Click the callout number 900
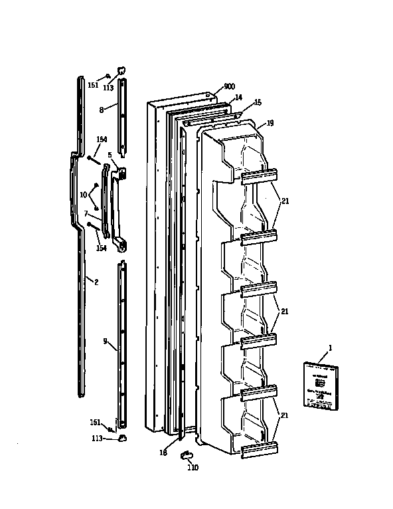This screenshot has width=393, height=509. tap(229, 87)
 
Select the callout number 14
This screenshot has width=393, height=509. tap(238, 97)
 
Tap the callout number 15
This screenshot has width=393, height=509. tap(258, 102)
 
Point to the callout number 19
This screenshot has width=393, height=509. tap(270, 123)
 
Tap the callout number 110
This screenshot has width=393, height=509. tap(192, 468)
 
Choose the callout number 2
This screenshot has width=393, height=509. tap(96, 282)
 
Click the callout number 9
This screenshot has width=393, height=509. tap(105, 341)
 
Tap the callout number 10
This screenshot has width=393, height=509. tap(84, 194)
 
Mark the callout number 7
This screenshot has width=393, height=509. tap(86, 213)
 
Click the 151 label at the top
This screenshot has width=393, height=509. tap(93, 84)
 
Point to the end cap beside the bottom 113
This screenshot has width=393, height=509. tap(122, 437)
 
